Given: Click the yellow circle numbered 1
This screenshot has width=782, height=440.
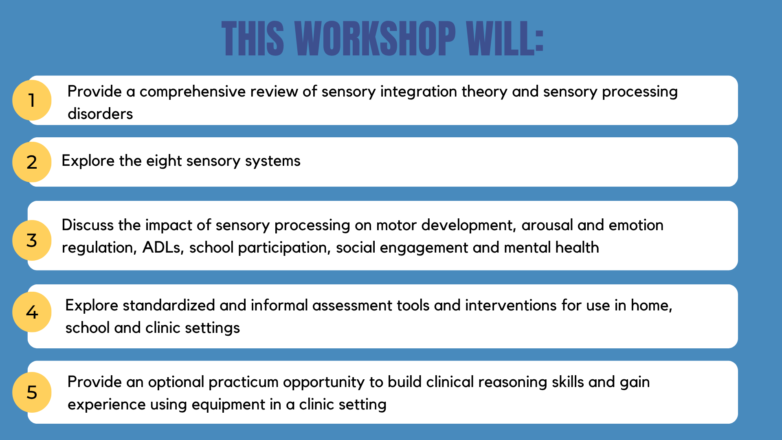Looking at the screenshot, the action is coord(32,100).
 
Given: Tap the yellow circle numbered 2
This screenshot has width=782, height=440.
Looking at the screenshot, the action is coord(32,162).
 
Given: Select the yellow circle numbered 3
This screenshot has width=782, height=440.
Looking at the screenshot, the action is coord(32,240).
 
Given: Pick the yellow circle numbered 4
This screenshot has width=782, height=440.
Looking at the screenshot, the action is coord(32,312).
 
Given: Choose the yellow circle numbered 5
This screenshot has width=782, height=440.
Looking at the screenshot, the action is coord(32,392).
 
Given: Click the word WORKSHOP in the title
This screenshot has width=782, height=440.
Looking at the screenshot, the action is coord(375,38).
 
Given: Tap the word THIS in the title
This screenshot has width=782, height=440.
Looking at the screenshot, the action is coord(253,38).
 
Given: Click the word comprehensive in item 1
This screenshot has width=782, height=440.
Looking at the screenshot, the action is coord(192,92).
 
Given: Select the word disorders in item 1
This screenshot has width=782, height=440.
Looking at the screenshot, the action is coord(100,114).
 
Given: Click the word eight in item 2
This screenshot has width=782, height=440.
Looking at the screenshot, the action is coord(164,161).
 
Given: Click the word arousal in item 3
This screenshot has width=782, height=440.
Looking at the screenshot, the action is coord(547,225).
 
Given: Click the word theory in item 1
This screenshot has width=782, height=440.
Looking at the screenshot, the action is coord(484,92).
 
